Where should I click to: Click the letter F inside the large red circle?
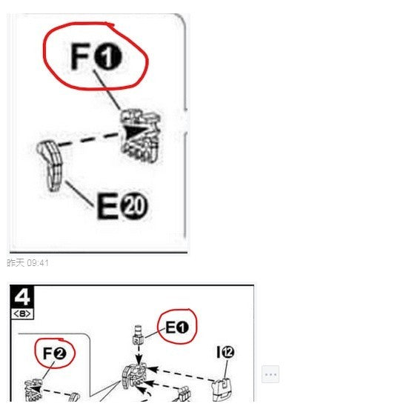81,56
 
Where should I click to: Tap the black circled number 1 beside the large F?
108,56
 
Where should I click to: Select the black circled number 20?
134,206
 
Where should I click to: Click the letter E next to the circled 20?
107,206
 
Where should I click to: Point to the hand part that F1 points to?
140,134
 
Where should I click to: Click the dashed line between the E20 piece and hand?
87,140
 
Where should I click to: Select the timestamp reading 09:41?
38,263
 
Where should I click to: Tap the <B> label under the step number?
22,314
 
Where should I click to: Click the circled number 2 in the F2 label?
60,353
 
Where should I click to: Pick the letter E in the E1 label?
170,328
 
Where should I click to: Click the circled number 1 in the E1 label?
182,328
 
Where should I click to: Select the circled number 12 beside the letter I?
228,352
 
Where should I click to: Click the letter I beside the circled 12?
218,352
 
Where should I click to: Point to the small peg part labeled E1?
138,335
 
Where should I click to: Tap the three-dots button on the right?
270,374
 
